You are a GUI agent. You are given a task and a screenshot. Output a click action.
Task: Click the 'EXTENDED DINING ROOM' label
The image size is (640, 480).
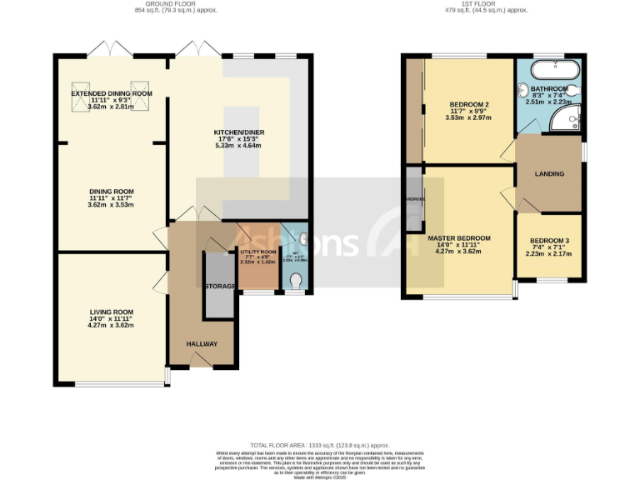pyautogui.click(x=112, y=93)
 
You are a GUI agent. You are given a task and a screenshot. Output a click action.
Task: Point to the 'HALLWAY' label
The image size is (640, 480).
pyautogui.click(x=202, y=343)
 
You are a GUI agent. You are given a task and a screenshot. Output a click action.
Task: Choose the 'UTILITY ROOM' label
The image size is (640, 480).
pyautogui.click(x=257, y=251)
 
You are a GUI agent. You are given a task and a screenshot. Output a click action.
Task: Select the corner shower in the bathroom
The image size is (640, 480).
pyautogui.click(x=569, y=122)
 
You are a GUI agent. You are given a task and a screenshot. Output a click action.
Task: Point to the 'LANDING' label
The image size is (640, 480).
pyautogui.click(x=549, y=174)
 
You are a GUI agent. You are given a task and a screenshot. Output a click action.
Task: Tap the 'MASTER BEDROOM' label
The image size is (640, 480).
pyautogui.click(x=459, y=238)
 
